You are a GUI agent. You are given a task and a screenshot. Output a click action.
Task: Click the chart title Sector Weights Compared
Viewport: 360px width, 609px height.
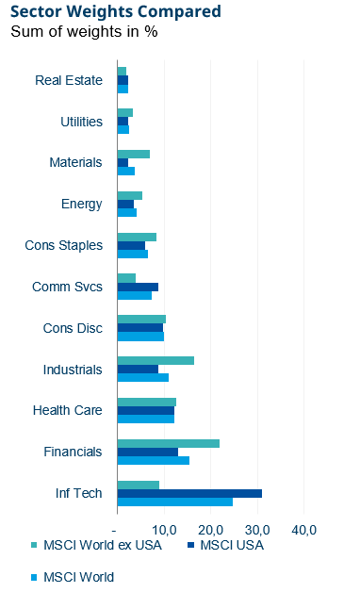[x=116, y=12]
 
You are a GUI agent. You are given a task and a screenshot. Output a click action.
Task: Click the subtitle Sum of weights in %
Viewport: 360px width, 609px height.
[x=84, y=32]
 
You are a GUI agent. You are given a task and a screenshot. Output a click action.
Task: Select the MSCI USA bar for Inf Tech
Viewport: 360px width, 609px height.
[x=188, y=493]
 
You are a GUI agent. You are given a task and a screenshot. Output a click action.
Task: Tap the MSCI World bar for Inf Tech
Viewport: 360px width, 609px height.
[x=174, y=502]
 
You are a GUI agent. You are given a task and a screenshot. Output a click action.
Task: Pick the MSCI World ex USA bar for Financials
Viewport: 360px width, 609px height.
[x=168, y=443]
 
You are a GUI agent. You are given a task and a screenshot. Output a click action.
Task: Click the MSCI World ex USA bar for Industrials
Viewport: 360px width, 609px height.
[x=155, y=361]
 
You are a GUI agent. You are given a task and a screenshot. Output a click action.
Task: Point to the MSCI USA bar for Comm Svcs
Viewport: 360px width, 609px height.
[x=138, y=287]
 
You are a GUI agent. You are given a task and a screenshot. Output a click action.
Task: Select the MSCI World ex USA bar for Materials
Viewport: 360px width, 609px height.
[x=133, y=154]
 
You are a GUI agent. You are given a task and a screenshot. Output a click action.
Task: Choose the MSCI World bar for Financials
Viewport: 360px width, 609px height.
[x=153, y=460]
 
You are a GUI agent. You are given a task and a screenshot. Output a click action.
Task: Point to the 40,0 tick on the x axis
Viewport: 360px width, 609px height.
[x=303, y=529]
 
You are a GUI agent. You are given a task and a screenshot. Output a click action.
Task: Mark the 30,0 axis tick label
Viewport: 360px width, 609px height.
[x=257, y=529]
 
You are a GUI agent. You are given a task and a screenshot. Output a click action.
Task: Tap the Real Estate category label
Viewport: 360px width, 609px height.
[x=68, y=80]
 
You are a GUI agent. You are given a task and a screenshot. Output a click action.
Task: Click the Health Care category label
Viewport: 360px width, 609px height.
[x=67, y=410]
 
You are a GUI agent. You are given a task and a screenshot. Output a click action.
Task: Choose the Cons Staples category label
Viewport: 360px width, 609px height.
[x=63, y=245]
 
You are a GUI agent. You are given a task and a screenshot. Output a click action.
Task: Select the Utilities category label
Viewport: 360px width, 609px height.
[x=80, y=122]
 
